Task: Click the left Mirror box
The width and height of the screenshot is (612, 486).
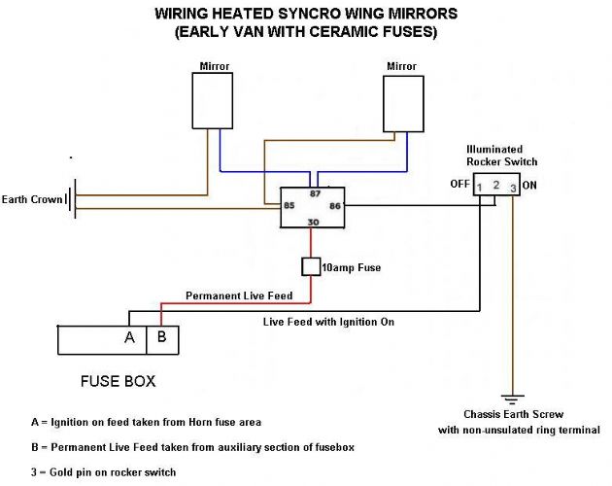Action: (x=213, y=99)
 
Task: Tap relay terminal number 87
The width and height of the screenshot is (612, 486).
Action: (x=315, y=194)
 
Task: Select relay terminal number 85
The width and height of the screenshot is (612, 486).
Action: (x=289, y=206)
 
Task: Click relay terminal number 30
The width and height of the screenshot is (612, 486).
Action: (x=313, y=222)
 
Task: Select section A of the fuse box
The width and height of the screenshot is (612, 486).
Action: (x=128, y=338)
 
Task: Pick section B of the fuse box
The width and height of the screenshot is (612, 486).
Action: (x=161, y=338)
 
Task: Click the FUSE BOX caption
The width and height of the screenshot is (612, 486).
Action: (x=120, y=381)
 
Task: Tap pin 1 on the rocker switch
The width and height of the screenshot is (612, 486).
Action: (x=481, y=186)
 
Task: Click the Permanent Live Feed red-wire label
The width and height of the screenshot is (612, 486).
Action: (x=232, y=295)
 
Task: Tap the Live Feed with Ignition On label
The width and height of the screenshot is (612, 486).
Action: (x=328, y=321)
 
